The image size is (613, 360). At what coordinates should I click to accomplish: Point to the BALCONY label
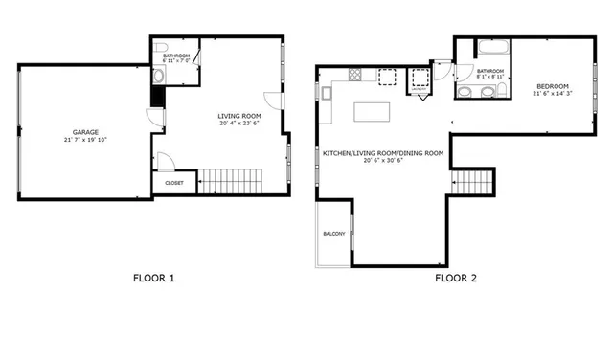click(333, 234)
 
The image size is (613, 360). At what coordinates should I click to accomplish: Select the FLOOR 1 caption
click(153, 280)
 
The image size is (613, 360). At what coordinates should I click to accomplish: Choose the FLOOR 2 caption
click(456, 280)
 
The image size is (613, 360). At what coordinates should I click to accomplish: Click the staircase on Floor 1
click(231, 178)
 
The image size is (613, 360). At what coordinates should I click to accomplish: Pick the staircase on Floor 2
click(473, 180)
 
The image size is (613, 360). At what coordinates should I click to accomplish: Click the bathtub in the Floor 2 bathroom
click(490, 47)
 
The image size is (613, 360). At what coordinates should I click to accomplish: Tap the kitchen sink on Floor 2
click(327, 93)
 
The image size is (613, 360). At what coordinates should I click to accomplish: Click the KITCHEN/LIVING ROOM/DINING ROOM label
click(383, 153)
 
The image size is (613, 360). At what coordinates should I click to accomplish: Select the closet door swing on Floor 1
click(165, 161)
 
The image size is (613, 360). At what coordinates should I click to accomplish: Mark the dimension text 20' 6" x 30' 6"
click(383, 161)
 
